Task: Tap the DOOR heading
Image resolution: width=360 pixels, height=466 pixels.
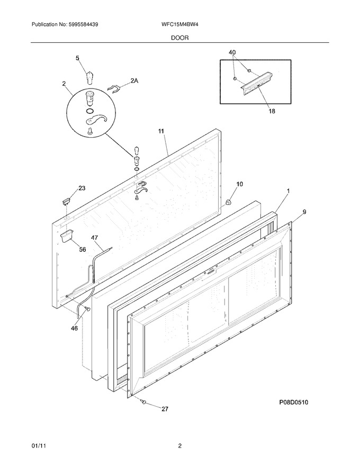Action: coord(179,38)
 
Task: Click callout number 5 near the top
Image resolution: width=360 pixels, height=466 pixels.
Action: coord(77,58)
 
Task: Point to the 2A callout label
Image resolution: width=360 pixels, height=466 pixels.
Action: coord(134,80)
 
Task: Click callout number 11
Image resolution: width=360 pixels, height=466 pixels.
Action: coord(161,131)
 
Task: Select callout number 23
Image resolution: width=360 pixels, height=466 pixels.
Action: coord(82,188)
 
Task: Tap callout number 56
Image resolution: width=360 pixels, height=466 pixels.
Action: coord(82,249)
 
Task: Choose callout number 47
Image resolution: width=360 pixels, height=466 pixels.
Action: coord(94,238)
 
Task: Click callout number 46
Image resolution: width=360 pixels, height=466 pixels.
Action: coord(74,328)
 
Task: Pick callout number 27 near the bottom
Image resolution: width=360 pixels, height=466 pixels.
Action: coord(165,409)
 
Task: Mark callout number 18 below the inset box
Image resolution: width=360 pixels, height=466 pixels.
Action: coord(272,111)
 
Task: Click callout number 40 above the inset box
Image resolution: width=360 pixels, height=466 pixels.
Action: coord(232,52)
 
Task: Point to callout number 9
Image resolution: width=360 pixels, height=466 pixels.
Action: coord(304,212)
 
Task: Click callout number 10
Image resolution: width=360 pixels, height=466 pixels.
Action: coord(239,184)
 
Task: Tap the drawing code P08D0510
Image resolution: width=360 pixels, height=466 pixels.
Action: coord(293,402)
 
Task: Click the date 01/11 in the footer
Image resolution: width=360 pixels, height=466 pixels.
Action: coord(37,446)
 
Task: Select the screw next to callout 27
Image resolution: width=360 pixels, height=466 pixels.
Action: coord(144,402)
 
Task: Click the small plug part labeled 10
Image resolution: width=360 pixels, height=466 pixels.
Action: coord(228,202)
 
